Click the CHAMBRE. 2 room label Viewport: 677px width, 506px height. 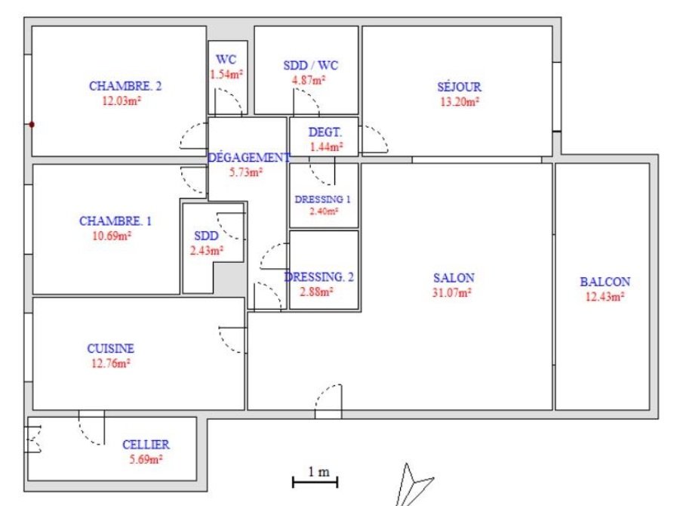pos(125,86)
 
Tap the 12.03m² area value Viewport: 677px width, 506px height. pos(122,100)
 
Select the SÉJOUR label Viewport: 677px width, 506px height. pos(459,86)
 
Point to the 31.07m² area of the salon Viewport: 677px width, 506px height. pos(451,292)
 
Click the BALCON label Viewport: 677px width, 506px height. pos(605,282)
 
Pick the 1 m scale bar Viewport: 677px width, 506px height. pos(315,481)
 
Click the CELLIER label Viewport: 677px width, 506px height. pos(146,444)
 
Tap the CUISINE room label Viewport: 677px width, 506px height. pos(110,348)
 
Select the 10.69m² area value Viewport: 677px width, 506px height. pos(112,236)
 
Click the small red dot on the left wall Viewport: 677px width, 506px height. pos(32,125)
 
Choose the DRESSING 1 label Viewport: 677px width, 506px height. pos(322,199)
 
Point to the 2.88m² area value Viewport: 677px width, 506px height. pos(316,292)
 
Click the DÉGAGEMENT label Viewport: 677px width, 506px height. pos(249,157)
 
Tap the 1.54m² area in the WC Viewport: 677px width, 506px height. pos(226,74)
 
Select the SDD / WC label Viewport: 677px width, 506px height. pos(311,65)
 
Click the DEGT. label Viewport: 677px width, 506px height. pos(325,132)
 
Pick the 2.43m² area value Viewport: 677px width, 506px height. pos(207,250)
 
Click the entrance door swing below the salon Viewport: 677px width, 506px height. pos(328,400)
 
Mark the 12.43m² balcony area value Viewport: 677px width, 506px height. pos(605,297)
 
